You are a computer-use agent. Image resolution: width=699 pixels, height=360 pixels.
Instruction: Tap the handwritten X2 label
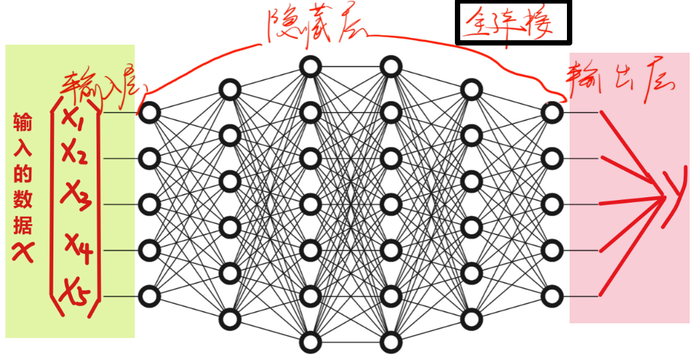pos(75,154)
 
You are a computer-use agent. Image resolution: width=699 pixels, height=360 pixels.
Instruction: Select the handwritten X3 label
pos(77,193)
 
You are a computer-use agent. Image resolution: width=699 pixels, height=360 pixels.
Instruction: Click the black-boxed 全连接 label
pos(512,23)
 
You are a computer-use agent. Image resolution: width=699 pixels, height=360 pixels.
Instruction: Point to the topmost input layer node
pos(150,113)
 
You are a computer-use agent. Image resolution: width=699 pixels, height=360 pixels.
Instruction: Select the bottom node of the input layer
pos(150,295)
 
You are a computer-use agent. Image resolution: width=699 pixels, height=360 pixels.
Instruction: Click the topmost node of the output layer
pos(552,113)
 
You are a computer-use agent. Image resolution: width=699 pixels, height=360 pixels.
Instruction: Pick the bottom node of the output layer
pos(552,295)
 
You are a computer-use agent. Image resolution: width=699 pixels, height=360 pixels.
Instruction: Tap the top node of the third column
pos(310,67)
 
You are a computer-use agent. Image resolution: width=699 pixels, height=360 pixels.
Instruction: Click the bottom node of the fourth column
pos(392,343)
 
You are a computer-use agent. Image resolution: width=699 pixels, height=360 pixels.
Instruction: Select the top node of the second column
pos(230,90)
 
